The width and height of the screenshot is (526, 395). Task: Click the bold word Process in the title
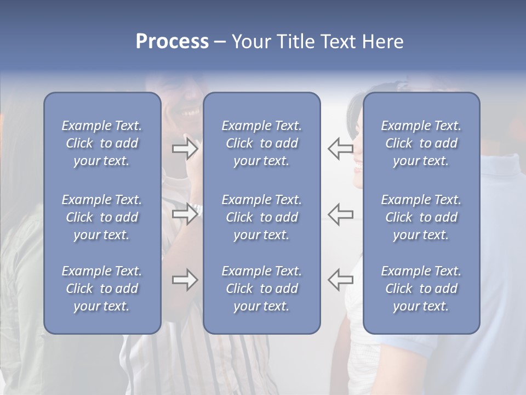point(172,42)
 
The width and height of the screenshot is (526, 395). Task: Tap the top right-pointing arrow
point(185,149)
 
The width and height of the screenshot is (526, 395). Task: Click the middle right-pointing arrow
point(185,214)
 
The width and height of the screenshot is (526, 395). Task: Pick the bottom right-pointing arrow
point(185,280)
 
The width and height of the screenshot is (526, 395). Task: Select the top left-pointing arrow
point(340,149)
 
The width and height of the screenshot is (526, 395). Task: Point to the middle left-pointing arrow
point(340,214)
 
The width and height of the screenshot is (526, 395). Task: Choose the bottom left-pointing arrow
point(340,280)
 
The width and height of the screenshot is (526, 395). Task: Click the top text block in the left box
point(102,143)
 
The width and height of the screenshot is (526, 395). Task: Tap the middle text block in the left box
point(102,217)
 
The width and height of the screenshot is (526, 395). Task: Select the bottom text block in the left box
point(102,289)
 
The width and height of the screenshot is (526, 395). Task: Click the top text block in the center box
point(262,143)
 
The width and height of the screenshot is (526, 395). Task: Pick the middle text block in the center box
point(262,217)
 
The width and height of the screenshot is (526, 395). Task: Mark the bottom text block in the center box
point(262,289)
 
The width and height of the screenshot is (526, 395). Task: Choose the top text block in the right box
point(421,143)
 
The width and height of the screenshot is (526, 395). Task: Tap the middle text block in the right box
point(421,217)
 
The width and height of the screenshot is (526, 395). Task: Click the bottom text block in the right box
point(421,289)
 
